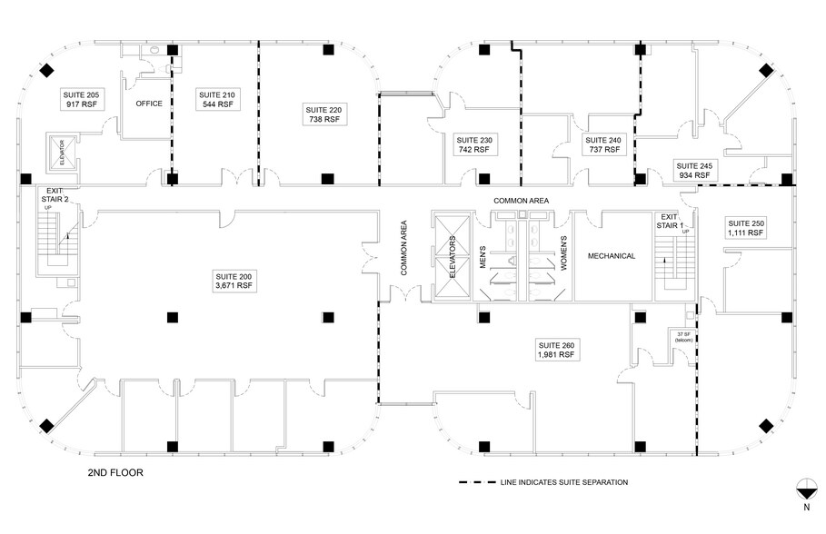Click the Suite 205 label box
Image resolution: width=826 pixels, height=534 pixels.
point(78,99)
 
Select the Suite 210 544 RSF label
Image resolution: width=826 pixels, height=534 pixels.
point(215,99)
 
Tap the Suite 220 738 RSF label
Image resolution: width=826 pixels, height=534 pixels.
point(323,114)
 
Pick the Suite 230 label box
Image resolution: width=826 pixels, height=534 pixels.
point(473,145)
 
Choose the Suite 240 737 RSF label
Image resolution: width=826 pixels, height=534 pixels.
point(603,145)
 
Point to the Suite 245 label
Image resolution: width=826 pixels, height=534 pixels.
point(693,170)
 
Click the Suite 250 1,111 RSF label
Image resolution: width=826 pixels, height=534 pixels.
point(745,228)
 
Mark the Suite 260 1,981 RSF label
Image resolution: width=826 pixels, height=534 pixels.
point(555,351)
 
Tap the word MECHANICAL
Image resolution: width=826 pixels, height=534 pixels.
point(612,256)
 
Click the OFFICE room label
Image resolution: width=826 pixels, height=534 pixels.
point(149,104)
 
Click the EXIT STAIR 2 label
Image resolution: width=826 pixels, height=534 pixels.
point(57,194)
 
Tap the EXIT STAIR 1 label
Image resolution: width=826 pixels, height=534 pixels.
point(670,221)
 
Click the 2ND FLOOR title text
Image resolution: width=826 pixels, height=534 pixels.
point(115,473)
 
